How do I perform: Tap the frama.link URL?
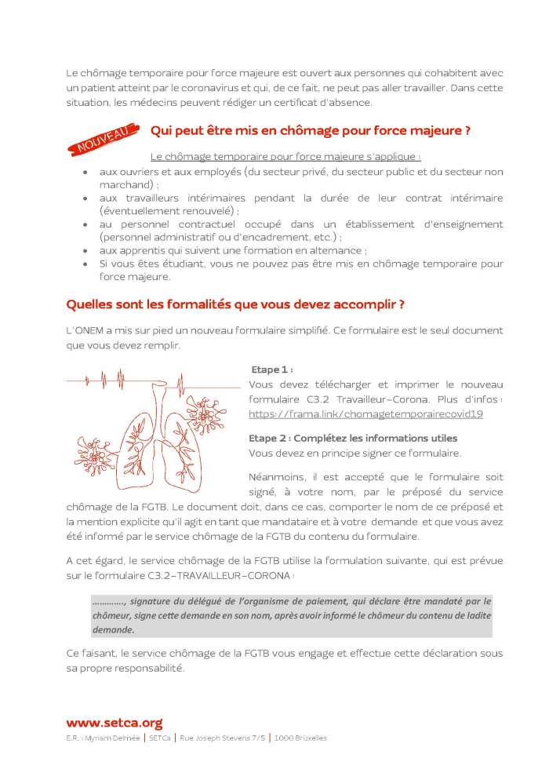tap(365, 413)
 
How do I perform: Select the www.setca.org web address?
tap(114, 723)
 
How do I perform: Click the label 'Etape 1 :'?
tap(272, 369)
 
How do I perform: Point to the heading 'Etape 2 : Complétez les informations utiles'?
tap(353, 437)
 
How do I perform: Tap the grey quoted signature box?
tap(291, 615)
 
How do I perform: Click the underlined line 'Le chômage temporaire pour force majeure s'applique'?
tap(285, 156)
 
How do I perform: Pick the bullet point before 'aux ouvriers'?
tap(84, 172)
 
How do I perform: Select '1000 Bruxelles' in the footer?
tap(299, 738)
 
